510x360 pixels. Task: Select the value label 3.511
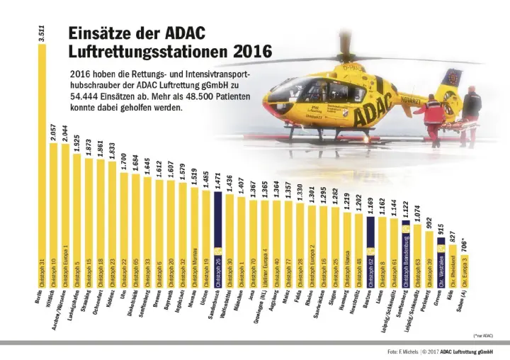click(41, 35)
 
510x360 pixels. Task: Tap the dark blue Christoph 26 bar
click(217, 234)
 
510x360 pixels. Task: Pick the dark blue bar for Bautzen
click(370, 248)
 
